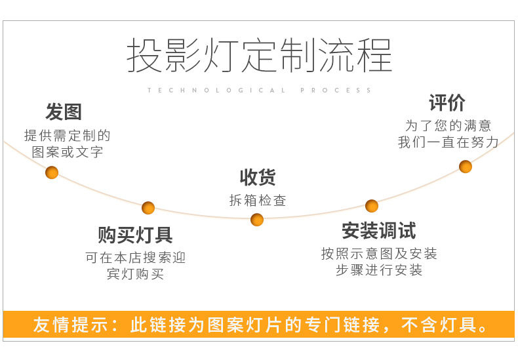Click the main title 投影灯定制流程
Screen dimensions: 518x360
coord(259,55)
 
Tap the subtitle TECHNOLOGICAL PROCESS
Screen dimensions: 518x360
coord(260,90)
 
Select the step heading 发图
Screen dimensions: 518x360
coord(64,112)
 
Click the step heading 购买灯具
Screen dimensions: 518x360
coord(135,235)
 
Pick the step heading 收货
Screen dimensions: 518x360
coord(258,177)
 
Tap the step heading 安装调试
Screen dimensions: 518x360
coord(378,231)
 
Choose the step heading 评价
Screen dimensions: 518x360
coord(447,103)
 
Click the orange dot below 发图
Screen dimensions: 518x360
coord(52,172)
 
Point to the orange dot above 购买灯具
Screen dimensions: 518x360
coord(148,208)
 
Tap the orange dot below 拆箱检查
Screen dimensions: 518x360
coord(257,220)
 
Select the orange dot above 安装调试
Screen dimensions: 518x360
coord(372,206)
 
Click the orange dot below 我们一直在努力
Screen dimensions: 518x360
coord(466,167)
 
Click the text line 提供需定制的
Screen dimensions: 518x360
coord(68,136)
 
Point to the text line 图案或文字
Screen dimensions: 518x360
coord(68,152)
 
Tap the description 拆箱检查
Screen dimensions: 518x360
coord(258,201)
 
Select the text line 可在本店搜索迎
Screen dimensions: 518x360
coord(135,258)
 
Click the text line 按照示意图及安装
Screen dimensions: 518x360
coord(379,254)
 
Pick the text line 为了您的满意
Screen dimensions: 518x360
coord(448,126)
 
